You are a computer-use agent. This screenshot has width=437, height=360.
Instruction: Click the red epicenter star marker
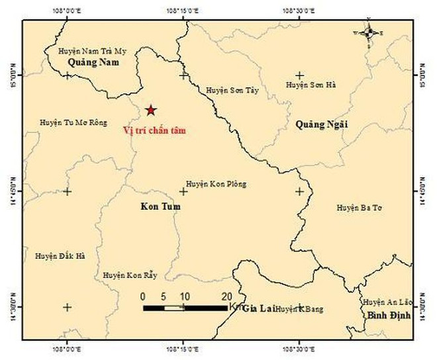pos(152,110)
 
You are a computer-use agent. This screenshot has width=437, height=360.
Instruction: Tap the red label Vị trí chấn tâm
pos(154,130)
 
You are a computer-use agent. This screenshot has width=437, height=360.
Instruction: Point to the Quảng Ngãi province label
pos(321,124)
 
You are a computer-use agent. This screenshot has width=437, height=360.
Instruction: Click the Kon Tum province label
pos(161,207)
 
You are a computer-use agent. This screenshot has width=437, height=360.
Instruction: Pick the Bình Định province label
pos(389,316)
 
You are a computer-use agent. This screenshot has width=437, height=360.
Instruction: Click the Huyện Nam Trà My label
pos(93,50)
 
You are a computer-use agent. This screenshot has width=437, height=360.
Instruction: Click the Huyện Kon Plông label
pos(216,184)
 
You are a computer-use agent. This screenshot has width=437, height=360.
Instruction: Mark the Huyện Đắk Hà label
pos(60,255)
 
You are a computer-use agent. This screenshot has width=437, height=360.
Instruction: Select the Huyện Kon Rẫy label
pos(129,275)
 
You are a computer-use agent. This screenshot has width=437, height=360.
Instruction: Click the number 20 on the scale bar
pos(226,296)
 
